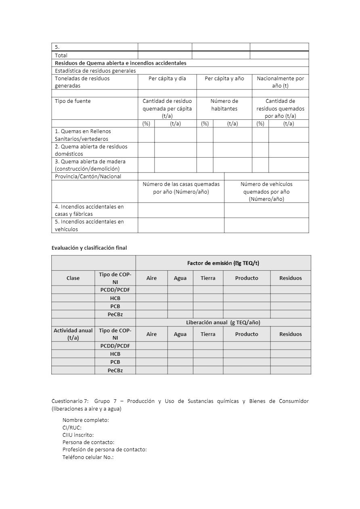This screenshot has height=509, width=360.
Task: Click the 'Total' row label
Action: coord(61,55)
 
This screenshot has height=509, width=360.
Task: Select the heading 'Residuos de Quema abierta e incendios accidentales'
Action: coord(121,63)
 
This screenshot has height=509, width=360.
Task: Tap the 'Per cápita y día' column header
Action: coord(167,78)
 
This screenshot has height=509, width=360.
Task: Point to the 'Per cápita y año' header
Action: coord(224,78)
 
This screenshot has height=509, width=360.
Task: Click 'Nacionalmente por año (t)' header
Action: coord(280,82)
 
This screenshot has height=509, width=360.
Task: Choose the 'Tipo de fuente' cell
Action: coord(73,101)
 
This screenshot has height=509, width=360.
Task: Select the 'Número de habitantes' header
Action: coord(224,104)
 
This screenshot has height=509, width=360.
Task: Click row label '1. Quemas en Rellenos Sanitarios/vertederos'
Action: coord(83,135)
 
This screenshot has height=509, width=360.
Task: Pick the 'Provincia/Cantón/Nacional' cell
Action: coord(88,176)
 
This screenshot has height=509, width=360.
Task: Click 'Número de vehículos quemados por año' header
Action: coord(266,191)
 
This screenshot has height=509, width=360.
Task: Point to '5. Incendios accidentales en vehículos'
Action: coord(89,225)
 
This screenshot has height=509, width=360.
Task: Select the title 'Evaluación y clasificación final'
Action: coord(89,248)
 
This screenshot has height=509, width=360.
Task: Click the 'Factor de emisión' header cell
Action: coord(223,263)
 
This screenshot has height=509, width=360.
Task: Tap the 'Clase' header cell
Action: coord(73,278)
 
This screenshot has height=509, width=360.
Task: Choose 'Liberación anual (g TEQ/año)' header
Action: coord(223,322)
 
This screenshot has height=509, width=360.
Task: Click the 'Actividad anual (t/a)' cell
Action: coord(73,334)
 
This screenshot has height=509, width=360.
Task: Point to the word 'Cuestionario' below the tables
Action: coord(67,401)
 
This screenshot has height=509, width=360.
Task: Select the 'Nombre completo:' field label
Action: coord(86,420)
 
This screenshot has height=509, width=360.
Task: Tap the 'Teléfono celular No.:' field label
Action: coord(88,457)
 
